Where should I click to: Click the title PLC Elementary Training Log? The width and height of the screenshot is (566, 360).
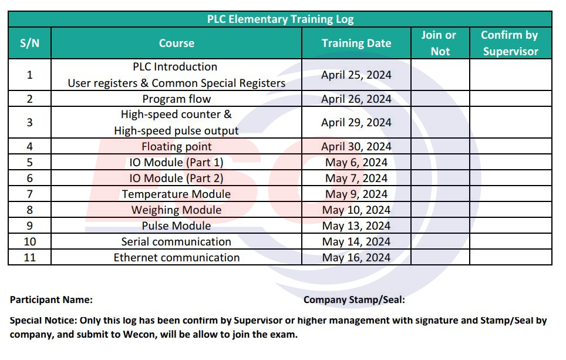tap(280, 19)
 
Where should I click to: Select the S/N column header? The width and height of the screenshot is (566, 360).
tap(29, 43)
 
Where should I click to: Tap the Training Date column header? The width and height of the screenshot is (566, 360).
tap(356, 43)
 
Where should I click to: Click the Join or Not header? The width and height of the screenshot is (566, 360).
tap(439, 43)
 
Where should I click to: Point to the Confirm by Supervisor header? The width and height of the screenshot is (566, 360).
tap(510, 43)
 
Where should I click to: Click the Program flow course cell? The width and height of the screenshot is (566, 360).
tap(176, 99)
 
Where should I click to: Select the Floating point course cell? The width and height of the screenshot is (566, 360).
tap(176, 146)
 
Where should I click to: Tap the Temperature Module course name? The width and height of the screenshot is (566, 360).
tap(176, 194)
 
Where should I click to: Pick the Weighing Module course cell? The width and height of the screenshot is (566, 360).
tap(176, 210)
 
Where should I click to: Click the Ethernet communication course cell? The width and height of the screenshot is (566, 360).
tap(176, 257)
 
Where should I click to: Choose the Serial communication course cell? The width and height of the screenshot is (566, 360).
tap(176, 241)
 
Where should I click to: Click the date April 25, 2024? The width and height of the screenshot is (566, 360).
tap(356, 75)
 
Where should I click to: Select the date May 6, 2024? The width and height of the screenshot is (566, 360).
tap(356, 162)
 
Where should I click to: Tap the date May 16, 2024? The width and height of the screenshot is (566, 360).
tap(356, 257)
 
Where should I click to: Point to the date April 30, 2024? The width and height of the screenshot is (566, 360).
tap(356, 146)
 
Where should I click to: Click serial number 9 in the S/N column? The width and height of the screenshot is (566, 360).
tap(29, 226)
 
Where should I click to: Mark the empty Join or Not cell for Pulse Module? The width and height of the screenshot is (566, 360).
tap(439, 226)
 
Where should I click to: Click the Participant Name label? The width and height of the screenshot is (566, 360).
tap(51, 300)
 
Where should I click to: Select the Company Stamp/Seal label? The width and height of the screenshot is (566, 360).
tap(354, 300)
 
